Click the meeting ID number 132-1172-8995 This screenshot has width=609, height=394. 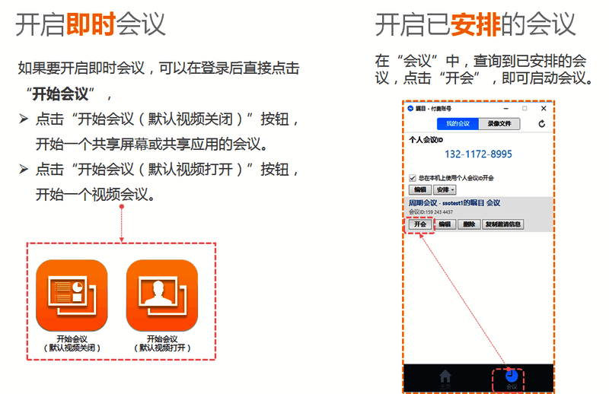(x=478, y=154)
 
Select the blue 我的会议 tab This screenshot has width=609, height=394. (x=458, y=123)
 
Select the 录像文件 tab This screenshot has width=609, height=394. (x=499, y=123)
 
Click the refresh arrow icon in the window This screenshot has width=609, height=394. (x=541, y=123)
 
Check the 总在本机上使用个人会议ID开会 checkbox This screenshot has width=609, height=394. (x=413, y=178)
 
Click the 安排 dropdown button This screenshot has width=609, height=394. (x=445, y=189)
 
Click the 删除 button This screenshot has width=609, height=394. (x=469, y=224)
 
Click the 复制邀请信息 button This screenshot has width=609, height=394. (x=503, y=224)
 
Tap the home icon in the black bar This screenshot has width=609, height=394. (x=445, y=376)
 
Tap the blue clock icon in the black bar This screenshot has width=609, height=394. (x=511, y=375)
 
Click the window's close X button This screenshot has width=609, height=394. (x=541, y=108)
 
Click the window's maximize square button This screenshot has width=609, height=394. (x=525, y=108)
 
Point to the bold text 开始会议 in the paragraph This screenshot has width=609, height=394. (x=62, y=94)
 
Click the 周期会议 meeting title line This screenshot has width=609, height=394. (x=454, y=203)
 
